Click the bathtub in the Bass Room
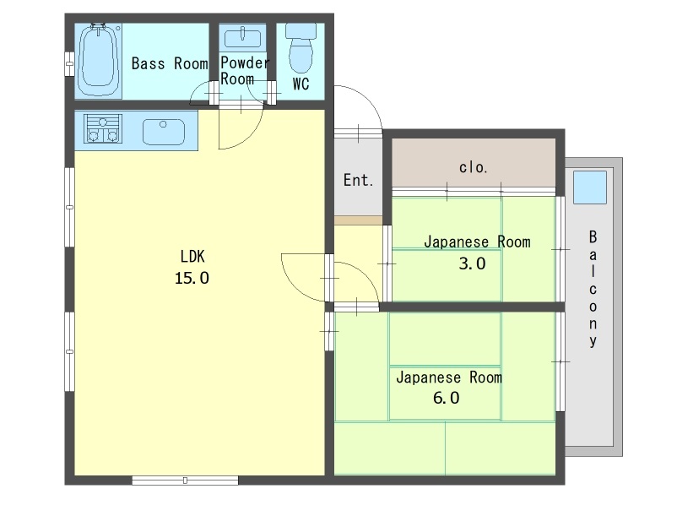(x=99, y=61)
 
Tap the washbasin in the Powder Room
(x=242, y=37)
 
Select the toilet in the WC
(x=301, y=48)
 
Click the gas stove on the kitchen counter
(x=102, y=128)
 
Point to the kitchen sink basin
(x=164, y=132)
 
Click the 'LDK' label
(x=192, y=257)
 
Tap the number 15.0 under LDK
(x=192, y=278)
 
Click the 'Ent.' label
(x=358, y=180)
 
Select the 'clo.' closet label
(x=474, y=166)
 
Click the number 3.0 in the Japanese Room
(x=472, y=263)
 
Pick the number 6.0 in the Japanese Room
(x=446, y=398)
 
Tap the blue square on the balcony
(x=590, y=187)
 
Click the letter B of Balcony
(x=593, y=236)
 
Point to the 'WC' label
(x=301, y=84)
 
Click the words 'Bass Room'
(x=170, y=64)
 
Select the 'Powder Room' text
(x=244, y=71)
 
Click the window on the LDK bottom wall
(x=185, y=480)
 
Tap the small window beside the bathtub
(x=69, y=64)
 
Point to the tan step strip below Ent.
(x=359, y=220)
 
